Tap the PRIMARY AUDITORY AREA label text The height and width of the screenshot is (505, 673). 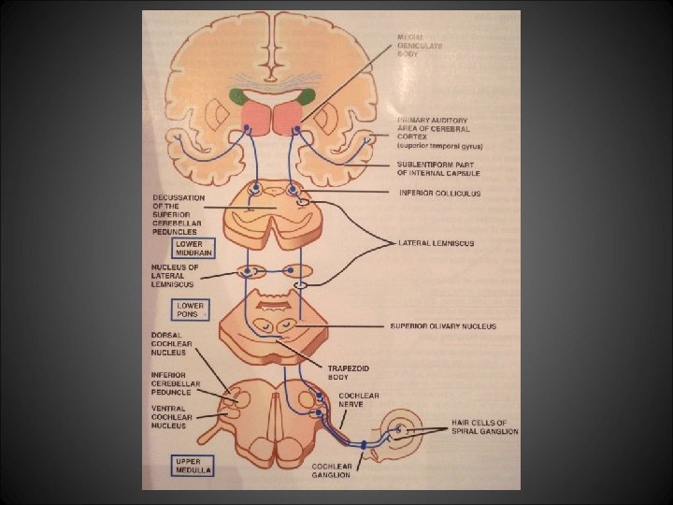(439, 133)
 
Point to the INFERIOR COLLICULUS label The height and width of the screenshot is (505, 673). (439, 194)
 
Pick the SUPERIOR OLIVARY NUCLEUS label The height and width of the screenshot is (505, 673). (443, 326)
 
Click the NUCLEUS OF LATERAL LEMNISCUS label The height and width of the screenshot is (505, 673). (175, 275)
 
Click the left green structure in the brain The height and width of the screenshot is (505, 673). (239, 96)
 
